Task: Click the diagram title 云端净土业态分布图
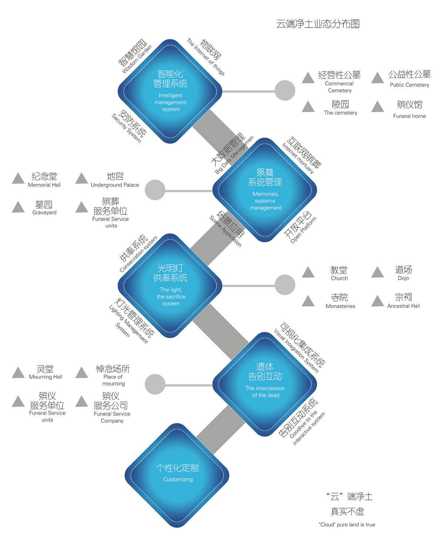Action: [x=318, y=24]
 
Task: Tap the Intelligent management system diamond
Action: [x=170, y=91]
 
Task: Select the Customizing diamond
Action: [x=177, y=475]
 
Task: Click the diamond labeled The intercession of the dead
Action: [x=265, y=384]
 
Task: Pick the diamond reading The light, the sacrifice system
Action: [x=170, y=286]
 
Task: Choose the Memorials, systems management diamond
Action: [x=265, y=190]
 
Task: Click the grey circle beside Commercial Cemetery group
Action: [x=285, y=91]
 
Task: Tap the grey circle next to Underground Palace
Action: [x=155, y=190]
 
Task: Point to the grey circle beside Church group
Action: [x=285, y=285]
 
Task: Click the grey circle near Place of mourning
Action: [x=155, y=384]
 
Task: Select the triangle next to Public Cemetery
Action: [x=377, y=78]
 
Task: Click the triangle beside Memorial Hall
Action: [x=18, y=178]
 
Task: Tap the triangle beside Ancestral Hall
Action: [x=377, y=301]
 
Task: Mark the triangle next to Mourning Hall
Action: [x=18, y=372]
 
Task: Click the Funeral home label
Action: [x=409, y=116]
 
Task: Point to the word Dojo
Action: [x=403, y=278]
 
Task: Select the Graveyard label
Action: [x=44, y=213]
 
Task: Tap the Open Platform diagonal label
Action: [x=303, y=229]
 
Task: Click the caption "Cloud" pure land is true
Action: [x=347, y=524]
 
